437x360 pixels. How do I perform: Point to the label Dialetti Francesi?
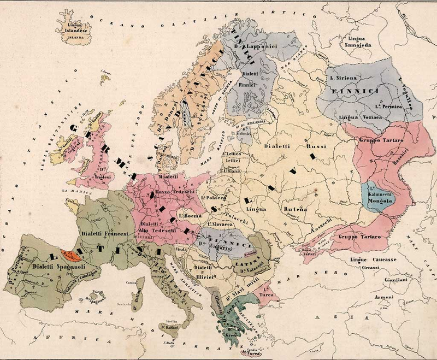coord(104,233)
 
